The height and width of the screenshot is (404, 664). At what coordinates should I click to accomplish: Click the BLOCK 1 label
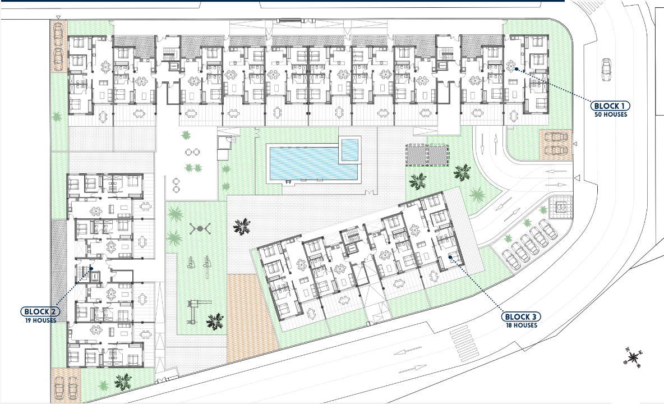pyautogui.click(x=610, y=105)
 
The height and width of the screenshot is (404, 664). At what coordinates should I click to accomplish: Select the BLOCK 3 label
pyautogui.click(x=520, y=316)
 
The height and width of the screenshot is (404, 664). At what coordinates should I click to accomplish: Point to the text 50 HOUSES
pyautogui.click(x=611, y=114)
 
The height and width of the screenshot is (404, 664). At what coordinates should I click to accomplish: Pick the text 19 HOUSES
pyautogui.click(x=40, y=320)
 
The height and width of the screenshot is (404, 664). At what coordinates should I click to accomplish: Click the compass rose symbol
pyautogui.click(x=633, y=357)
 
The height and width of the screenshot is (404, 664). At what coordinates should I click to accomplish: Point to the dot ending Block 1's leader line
pyautogui.click(x=515, y=70)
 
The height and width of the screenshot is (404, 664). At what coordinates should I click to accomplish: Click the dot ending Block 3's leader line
pyautogui.click(x=450, y=258)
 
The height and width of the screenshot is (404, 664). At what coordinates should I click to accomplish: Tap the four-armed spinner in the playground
pyautogui.click(x=199, y=229)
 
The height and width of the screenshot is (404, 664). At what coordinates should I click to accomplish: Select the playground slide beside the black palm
pyautogui.click(x=194, y=306)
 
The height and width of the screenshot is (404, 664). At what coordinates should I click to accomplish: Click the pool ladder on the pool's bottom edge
pyautogui.click(x=287, y=181)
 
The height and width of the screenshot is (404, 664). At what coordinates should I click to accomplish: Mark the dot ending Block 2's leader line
pyautogui.click(x=91, y=269)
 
